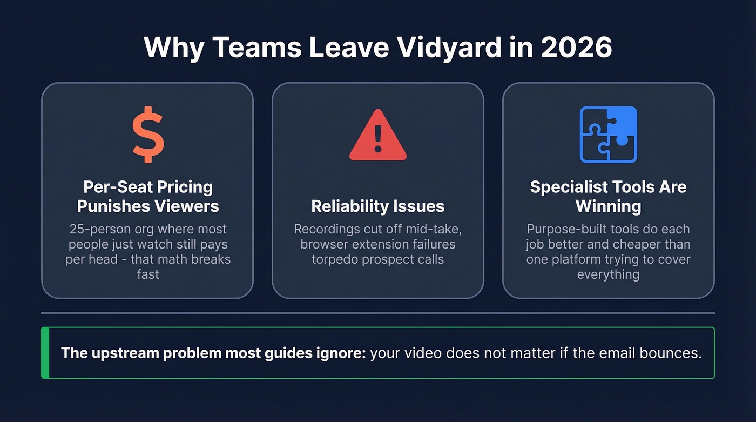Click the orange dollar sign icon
click(148, 135)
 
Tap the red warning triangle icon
click(377, 136)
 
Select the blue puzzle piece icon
click(608, 135)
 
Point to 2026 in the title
click(576, 48)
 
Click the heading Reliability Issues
click(377, 206)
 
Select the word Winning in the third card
click(608, 206)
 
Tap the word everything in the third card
click(608, 274)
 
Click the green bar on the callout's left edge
click(45, 353)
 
